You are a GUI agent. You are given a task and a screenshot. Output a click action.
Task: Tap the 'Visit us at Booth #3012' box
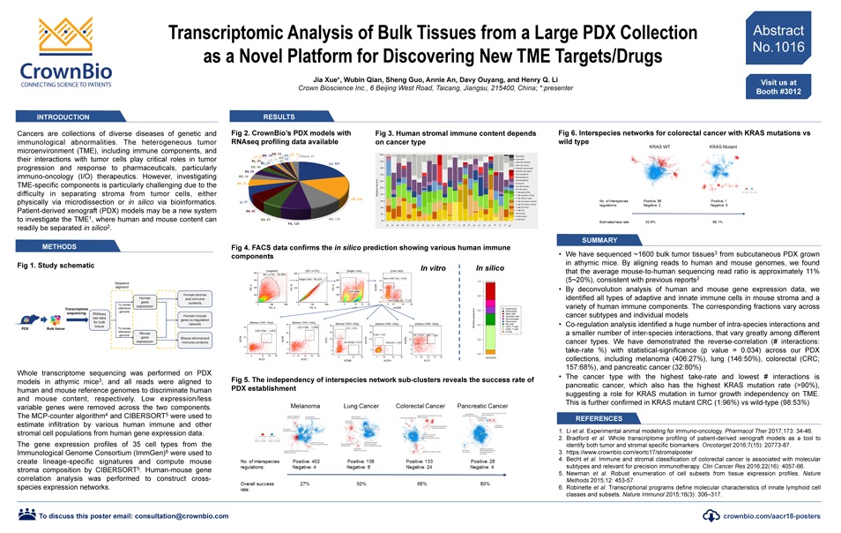(778, 86)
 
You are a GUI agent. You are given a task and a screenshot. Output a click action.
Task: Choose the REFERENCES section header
(606, 417)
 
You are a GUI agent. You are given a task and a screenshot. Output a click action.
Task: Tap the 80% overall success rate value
(486, 484)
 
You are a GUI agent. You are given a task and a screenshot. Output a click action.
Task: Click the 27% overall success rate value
(304, 484)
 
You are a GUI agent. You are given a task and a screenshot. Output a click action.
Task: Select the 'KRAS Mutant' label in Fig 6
(723, 145)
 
